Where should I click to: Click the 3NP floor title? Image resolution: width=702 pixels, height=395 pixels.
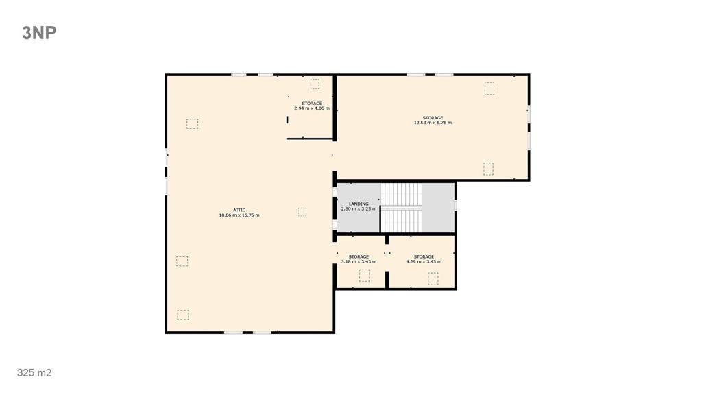(39, 33)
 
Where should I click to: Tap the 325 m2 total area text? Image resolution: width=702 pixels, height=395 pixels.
(34, 372)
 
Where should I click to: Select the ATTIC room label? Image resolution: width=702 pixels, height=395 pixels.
(239, 210)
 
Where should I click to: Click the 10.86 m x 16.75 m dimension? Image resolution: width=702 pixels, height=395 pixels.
(239, 215)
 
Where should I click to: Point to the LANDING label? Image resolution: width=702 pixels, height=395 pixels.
(359, 204)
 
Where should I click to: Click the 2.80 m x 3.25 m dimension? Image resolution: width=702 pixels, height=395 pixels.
(359, 208)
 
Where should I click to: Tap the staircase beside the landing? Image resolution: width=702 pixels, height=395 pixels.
(401, 208)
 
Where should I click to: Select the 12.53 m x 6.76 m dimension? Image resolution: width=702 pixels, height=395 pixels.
(433, 123)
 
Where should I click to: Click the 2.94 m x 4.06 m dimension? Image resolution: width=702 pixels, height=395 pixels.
(312, 108)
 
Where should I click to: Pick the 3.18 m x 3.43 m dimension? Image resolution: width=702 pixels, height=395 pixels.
(359, 261)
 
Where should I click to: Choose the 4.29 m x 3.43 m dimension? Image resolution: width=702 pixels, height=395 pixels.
(424, 261)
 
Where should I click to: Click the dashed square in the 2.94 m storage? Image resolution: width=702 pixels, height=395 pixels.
(315, 84)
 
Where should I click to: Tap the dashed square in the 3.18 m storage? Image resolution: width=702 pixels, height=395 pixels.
(365, 276)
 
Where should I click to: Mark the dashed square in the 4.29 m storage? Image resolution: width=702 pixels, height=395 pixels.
(433, 279)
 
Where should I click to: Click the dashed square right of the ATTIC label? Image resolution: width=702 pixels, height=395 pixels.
(302, 212)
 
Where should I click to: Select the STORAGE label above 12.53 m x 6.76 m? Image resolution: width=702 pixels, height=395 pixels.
(433, 118)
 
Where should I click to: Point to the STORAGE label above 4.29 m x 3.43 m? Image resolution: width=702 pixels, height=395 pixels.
(424, 256)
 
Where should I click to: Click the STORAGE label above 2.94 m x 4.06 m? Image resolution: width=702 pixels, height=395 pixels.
(312, 104)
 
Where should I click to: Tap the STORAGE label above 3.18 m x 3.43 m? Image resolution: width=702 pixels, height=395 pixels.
(359, 256)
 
